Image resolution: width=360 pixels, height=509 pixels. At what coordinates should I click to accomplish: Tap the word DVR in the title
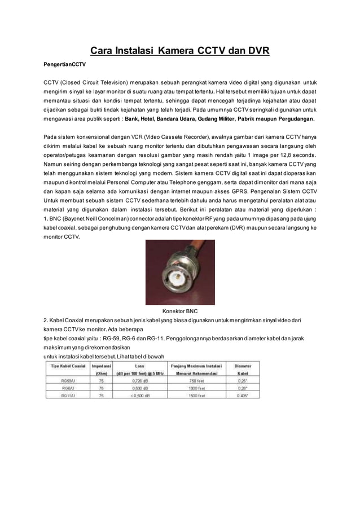(257, 52)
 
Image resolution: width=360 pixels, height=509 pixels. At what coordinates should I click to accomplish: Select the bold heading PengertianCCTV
(65, 65)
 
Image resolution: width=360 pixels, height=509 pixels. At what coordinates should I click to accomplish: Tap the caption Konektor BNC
(180, 311)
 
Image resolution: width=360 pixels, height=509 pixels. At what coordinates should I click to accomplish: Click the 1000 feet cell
(197, 388)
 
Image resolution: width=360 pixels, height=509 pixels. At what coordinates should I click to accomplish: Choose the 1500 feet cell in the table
(197, 396)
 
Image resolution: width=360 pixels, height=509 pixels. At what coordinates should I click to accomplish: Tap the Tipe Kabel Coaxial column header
(68, 366)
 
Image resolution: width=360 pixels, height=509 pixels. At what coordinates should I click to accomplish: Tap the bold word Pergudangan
(291, 120)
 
